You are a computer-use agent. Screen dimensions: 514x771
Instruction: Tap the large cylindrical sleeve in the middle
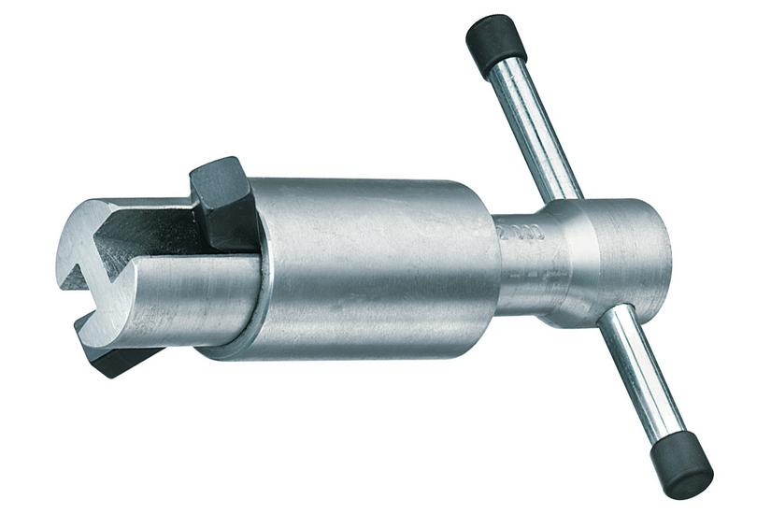(x=374, y=266)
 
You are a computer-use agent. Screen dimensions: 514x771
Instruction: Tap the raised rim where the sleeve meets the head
(x=262, y=271)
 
